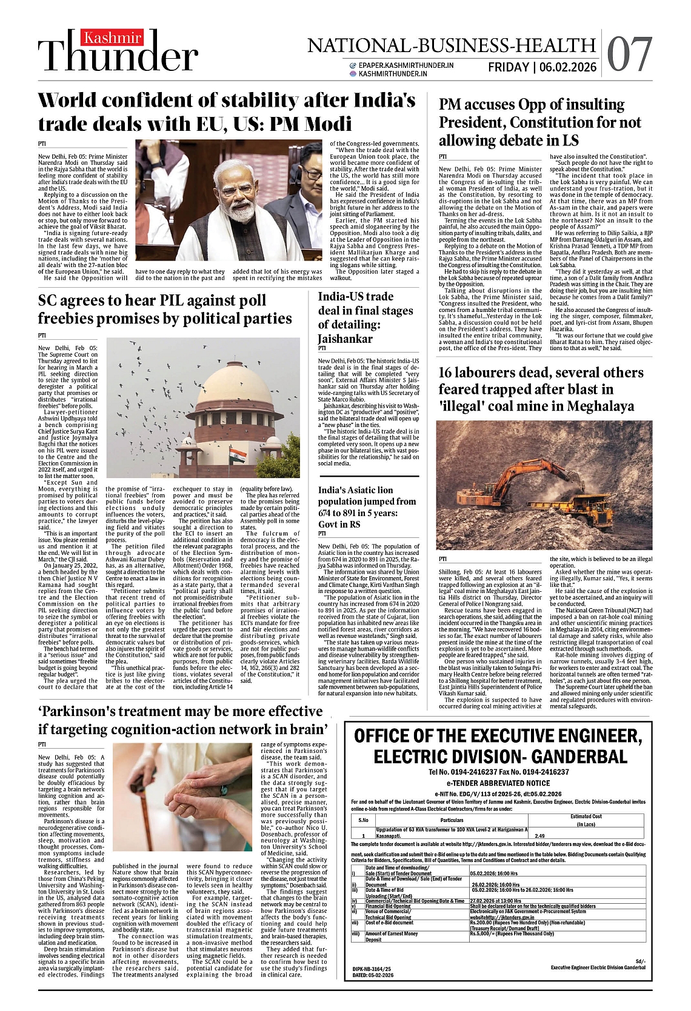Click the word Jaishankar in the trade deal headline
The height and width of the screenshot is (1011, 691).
[x=345, y=339]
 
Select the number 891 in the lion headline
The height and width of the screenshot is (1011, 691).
[x=355, y=513]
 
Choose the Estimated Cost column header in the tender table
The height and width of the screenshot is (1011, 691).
[x=586, y=816]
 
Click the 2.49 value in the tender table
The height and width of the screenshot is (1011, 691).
[x=539, y=835]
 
